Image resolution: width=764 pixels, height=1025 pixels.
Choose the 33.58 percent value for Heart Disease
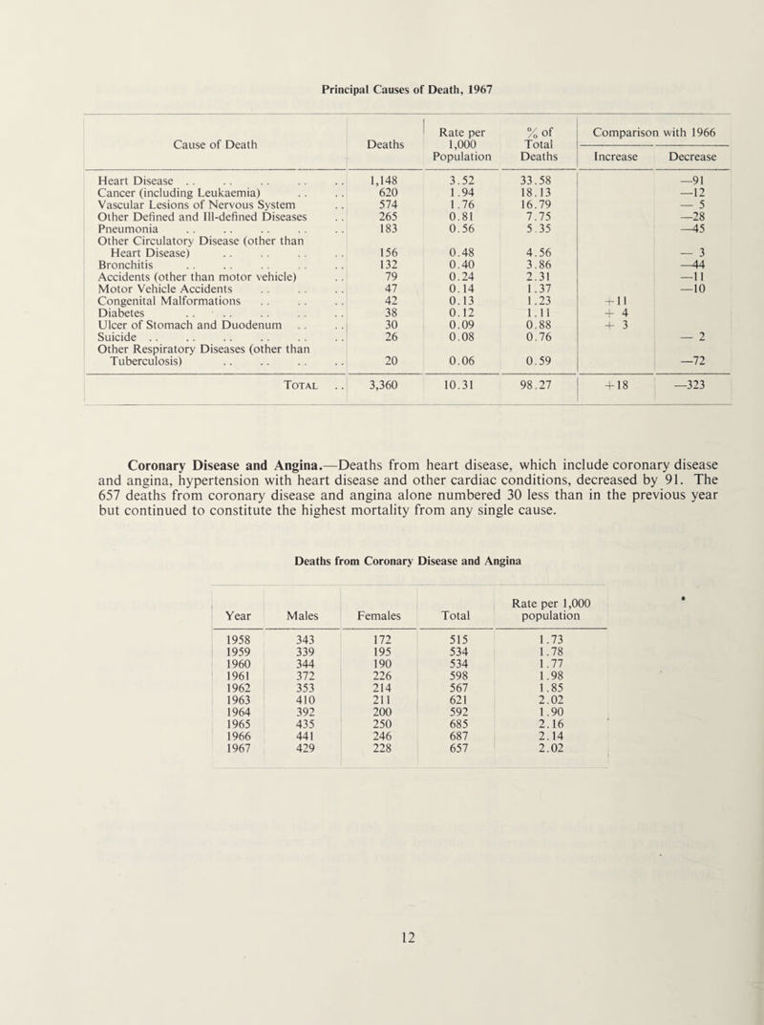(527, 177)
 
